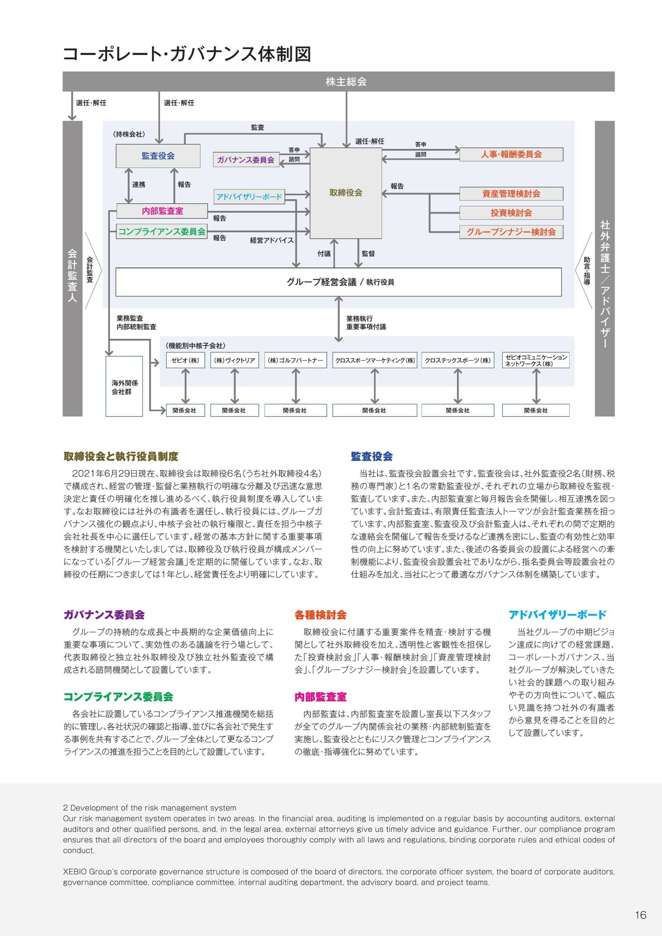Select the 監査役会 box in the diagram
click(158, 156)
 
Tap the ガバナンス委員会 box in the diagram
click(245, 160)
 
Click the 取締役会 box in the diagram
click(346, 193)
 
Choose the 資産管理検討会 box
click(511, 194)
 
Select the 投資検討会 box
click(511, 213)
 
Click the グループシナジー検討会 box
click(511, 232)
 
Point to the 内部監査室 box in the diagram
click(162, 211)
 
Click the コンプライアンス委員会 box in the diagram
click(162, 231)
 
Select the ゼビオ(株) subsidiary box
click(185, 361)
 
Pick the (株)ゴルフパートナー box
click(295, 361)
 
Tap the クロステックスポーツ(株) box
click(458, 361)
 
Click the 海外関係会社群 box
click(124, 386)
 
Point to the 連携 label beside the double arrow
click(139, 185)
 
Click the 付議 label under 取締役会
click(324, 254)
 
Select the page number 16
click(640, 915)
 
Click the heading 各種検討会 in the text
click(321, 615)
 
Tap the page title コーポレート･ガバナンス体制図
click(187, 54)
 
